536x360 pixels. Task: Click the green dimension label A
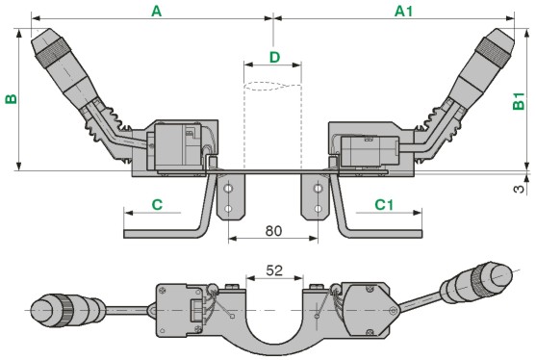click(x=156, y=12)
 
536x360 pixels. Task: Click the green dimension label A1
click(x=404, y=12)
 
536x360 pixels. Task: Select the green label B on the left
click(x=11, y=99)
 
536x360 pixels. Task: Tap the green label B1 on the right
click(x=519, y=101)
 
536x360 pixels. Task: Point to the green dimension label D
click(x=274, y=58)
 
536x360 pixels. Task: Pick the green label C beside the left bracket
click(x=157, y=205)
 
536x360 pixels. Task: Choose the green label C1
click(x=384, y=205)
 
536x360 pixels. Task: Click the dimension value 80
click(x=273, y=231)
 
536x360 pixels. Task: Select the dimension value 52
click(x=274, y=270)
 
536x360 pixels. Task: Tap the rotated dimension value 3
click(x=519, y=189)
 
